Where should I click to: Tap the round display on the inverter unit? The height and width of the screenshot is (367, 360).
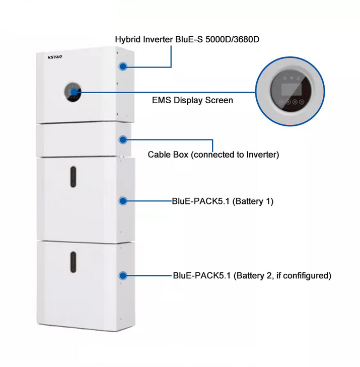73,92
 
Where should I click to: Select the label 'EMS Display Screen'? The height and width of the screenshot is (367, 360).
192,100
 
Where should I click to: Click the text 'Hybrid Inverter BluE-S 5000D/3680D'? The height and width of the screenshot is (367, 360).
187,39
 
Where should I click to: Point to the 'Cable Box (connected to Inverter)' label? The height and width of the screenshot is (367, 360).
213,155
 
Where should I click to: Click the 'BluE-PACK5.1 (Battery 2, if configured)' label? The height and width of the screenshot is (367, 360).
251,276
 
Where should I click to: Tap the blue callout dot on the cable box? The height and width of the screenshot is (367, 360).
122,139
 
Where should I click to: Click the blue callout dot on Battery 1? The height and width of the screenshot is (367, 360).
122,201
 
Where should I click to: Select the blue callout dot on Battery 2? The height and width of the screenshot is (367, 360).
122,275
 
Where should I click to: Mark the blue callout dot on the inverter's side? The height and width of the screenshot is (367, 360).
122,66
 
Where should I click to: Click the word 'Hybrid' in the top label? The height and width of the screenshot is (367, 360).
127,39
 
